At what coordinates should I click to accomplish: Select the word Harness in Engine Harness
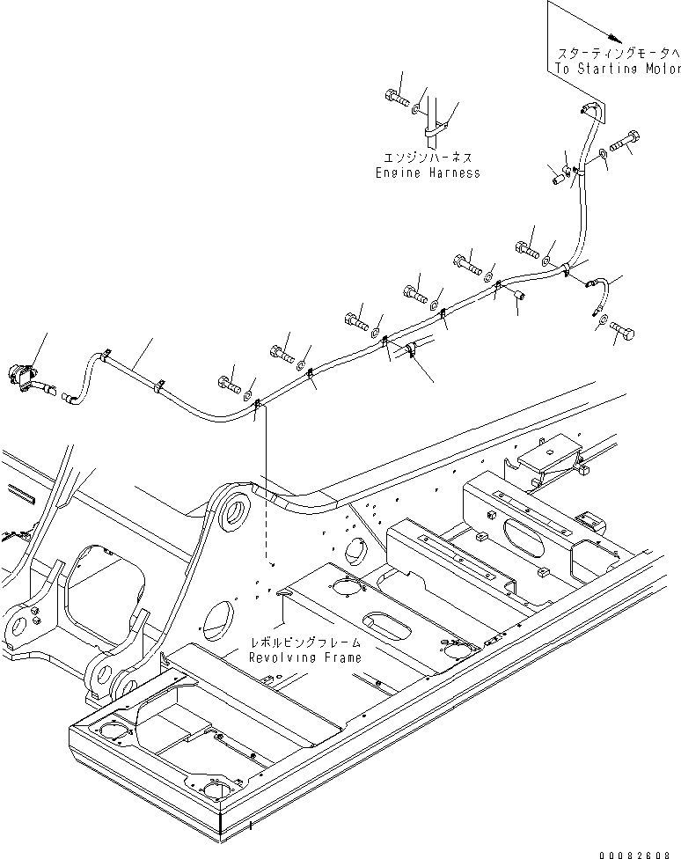coord(453,173)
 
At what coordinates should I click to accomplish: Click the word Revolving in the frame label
coord(280,657)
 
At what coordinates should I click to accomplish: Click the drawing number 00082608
coord(638,850)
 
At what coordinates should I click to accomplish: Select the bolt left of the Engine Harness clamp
coord(395,99)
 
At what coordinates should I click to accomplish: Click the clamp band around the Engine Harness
coord(432,132)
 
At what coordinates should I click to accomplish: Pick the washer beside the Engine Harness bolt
coord(416,111)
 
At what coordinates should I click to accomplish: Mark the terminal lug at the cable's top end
coord(588,108)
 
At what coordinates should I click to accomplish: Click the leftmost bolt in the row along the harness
coord(227,382)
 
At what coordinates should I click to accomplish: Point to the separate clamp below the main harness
coord(411,353)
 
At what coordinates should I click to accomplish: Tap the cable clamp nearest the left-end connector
coord(106,355)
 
